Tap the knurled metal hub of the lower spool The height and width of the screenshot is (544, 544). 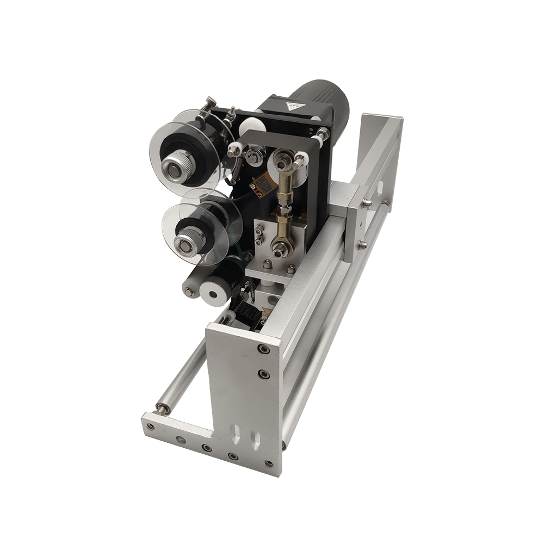pyautogui.click(x=187, y=240)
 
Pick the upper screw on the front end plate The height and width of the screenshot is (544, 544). pyautogui.click(x=264, y=349)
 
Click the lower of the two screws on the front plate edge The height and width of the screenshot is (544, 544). pyautogui.click(x=264, y=374)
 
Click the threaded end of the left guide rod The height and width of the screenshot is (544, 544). pyautogui.click(x=161, y=406)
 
